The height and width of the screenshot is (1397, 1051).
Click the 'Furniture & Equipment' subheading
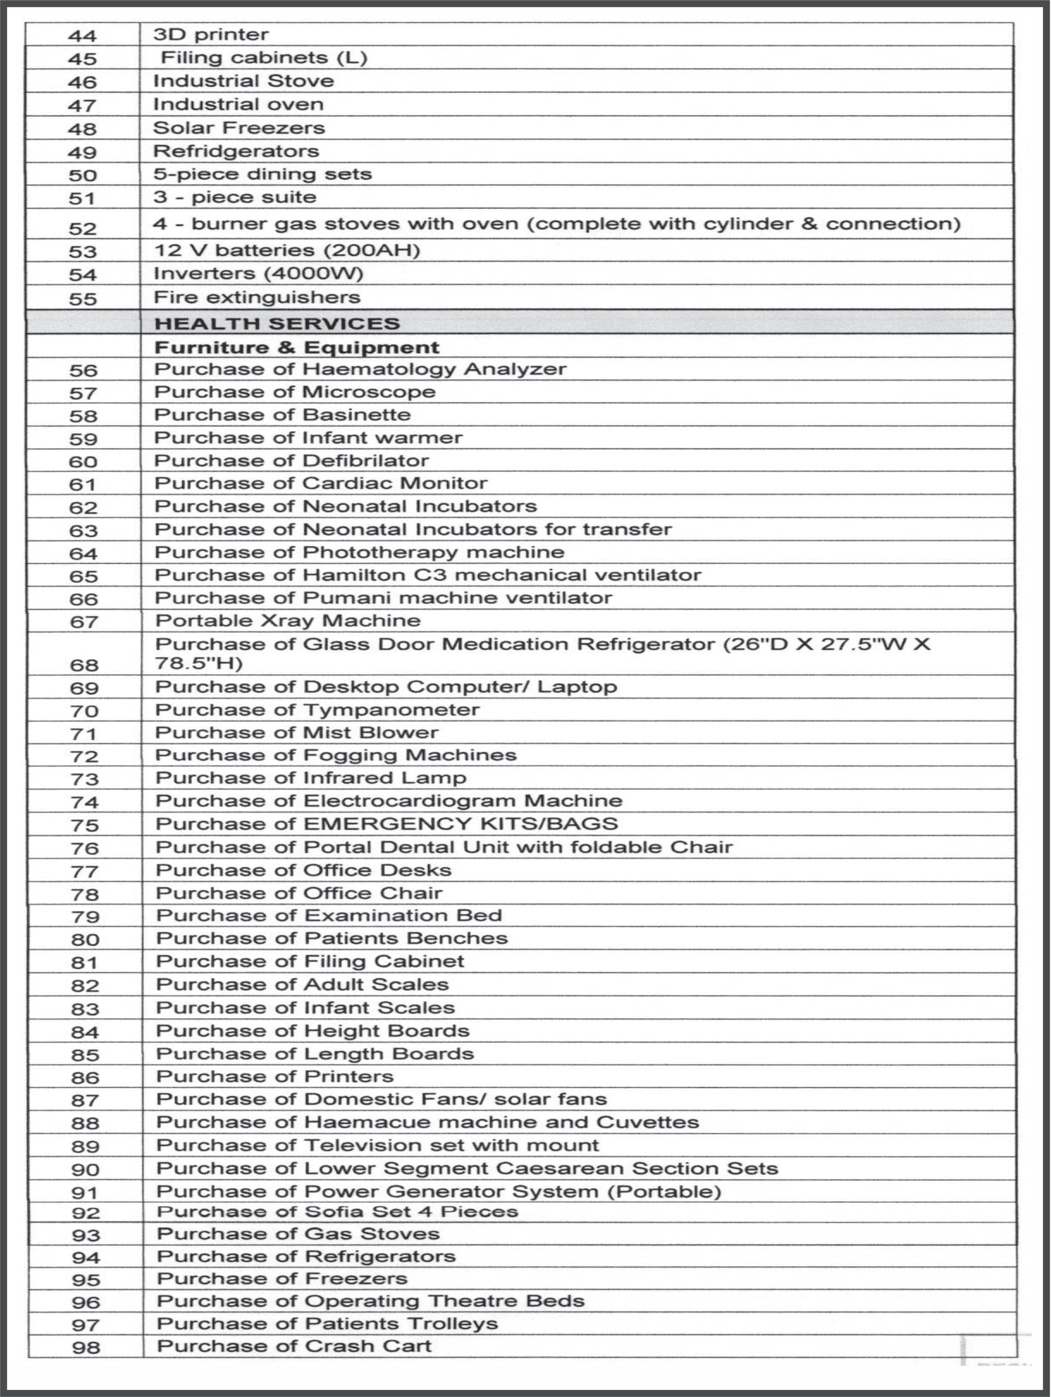(x=296, y=347)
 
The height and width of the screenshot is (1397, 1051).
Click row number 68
(x=84, y=665)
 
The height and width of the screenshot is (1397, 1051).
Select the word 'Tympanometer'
(x=391, y=710)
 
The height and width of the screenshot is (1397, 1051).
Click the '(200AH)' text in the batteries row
(x=372, y=251)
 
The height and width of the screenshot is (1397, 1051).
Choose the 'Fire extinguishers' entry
(x=257, y=297)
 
